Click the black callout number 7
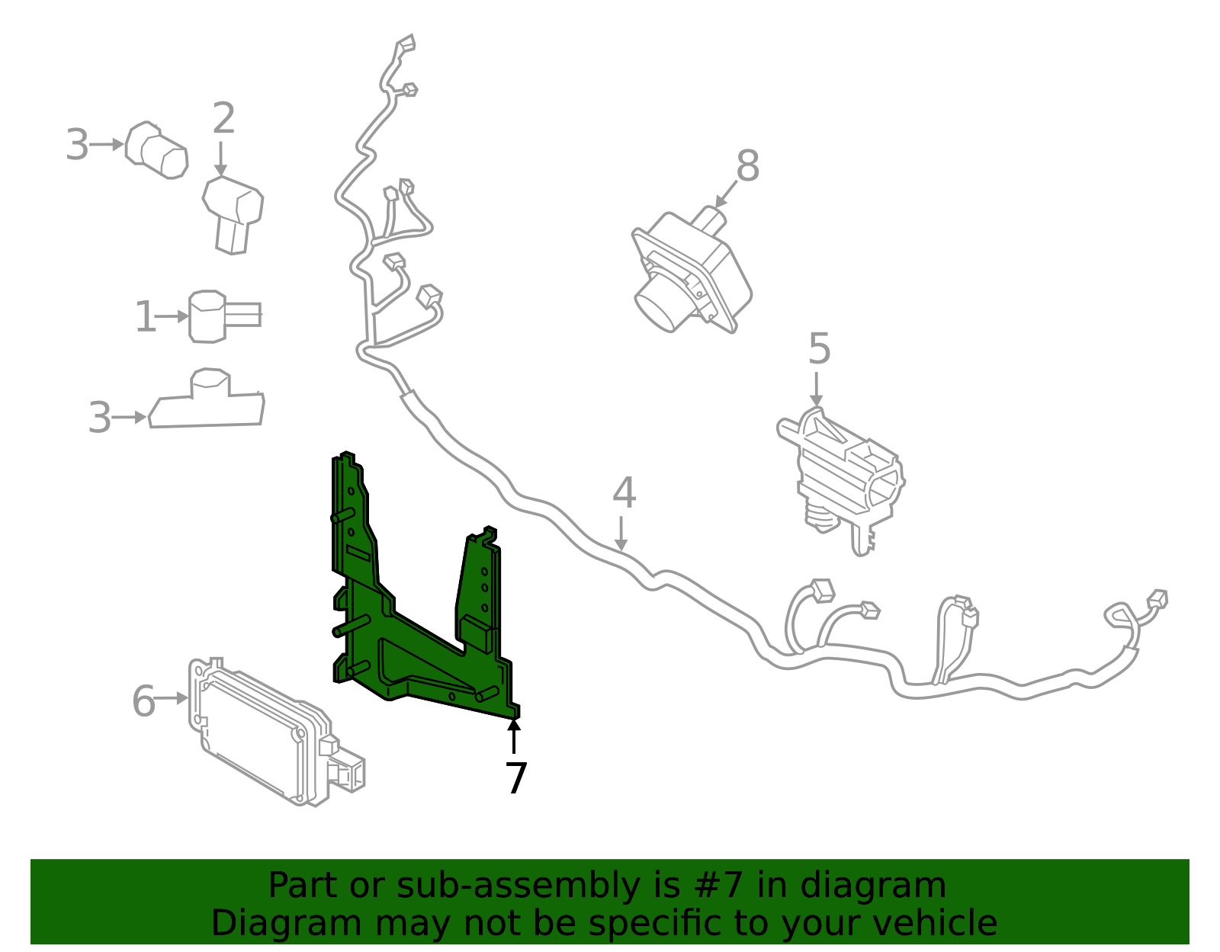[516, 779]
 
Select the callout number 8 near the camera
[747, 166]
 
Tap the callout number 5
[819, 349]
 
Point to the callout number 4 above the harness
[624, 493]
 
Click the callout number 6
[143, 701]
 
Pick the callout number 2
[223, 120]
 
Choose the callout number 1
[145, 317]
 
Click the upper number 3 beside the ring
[77, 145]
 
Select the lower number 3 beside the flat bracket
[100, 418]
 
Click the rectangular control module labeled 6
[259, 732]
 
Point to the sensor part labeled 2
[233, 213]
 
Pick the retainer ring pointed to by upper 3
[156, 150]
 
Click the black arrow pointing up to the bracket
[515, 735]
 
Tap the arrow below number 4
[622, 534]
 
